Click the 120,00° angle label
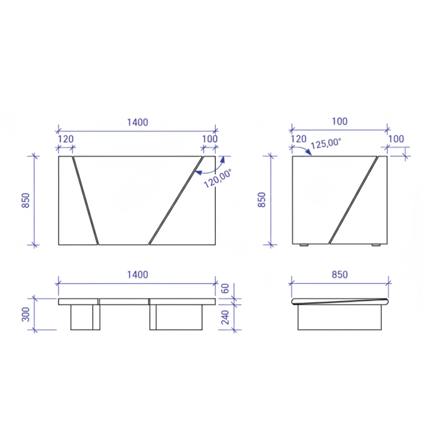tap(218, 178)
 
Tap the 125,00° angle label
tap(326, 143)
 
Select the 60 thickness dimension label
tap(226, 288)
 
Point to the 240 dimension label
tap(226, 317)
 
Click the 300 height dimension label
tap(26, 315)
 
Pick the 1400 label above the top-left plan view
tap(137, 122)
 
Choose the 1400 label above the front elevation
tap(137, 275)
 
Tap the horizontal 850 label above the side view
tap(340, 275)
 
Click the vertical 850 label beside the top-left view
tap(26, 200)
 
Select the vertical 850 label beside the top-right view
tap(262, 200)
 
